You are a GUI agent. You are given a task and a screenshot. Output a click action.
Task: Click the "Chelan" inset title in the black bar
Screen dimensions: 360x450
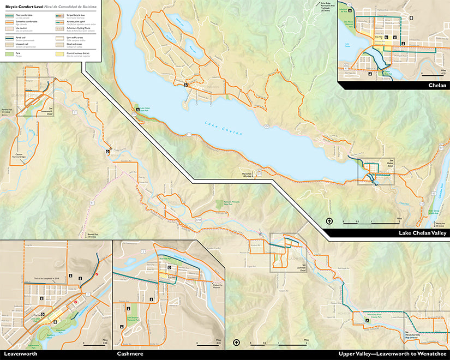coord(437,85)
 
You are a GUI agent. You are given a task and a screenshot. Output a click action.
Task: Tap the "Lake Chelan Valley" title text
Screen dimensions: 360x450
coord(423,233)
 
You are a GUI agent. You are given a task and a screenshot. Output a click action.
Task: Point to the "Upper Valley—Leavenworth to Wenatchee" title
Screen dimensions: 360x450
coord(392,354)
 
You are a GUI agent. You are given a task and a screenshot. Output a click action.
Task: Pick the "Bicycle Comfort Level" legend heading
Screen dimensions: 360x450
coord(22,6)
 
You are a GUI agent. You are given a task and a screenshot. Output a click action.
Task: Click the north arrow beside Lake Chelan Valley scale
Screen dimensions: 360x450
coord(329,221)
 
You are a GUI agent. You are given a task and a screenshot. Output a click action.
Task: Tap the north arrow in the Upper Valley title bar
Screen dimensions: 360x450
coord(236,343)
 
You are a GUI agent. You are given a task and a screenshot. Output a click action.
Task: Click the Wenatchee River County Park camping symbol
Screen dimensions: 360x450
coord(367,320)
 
